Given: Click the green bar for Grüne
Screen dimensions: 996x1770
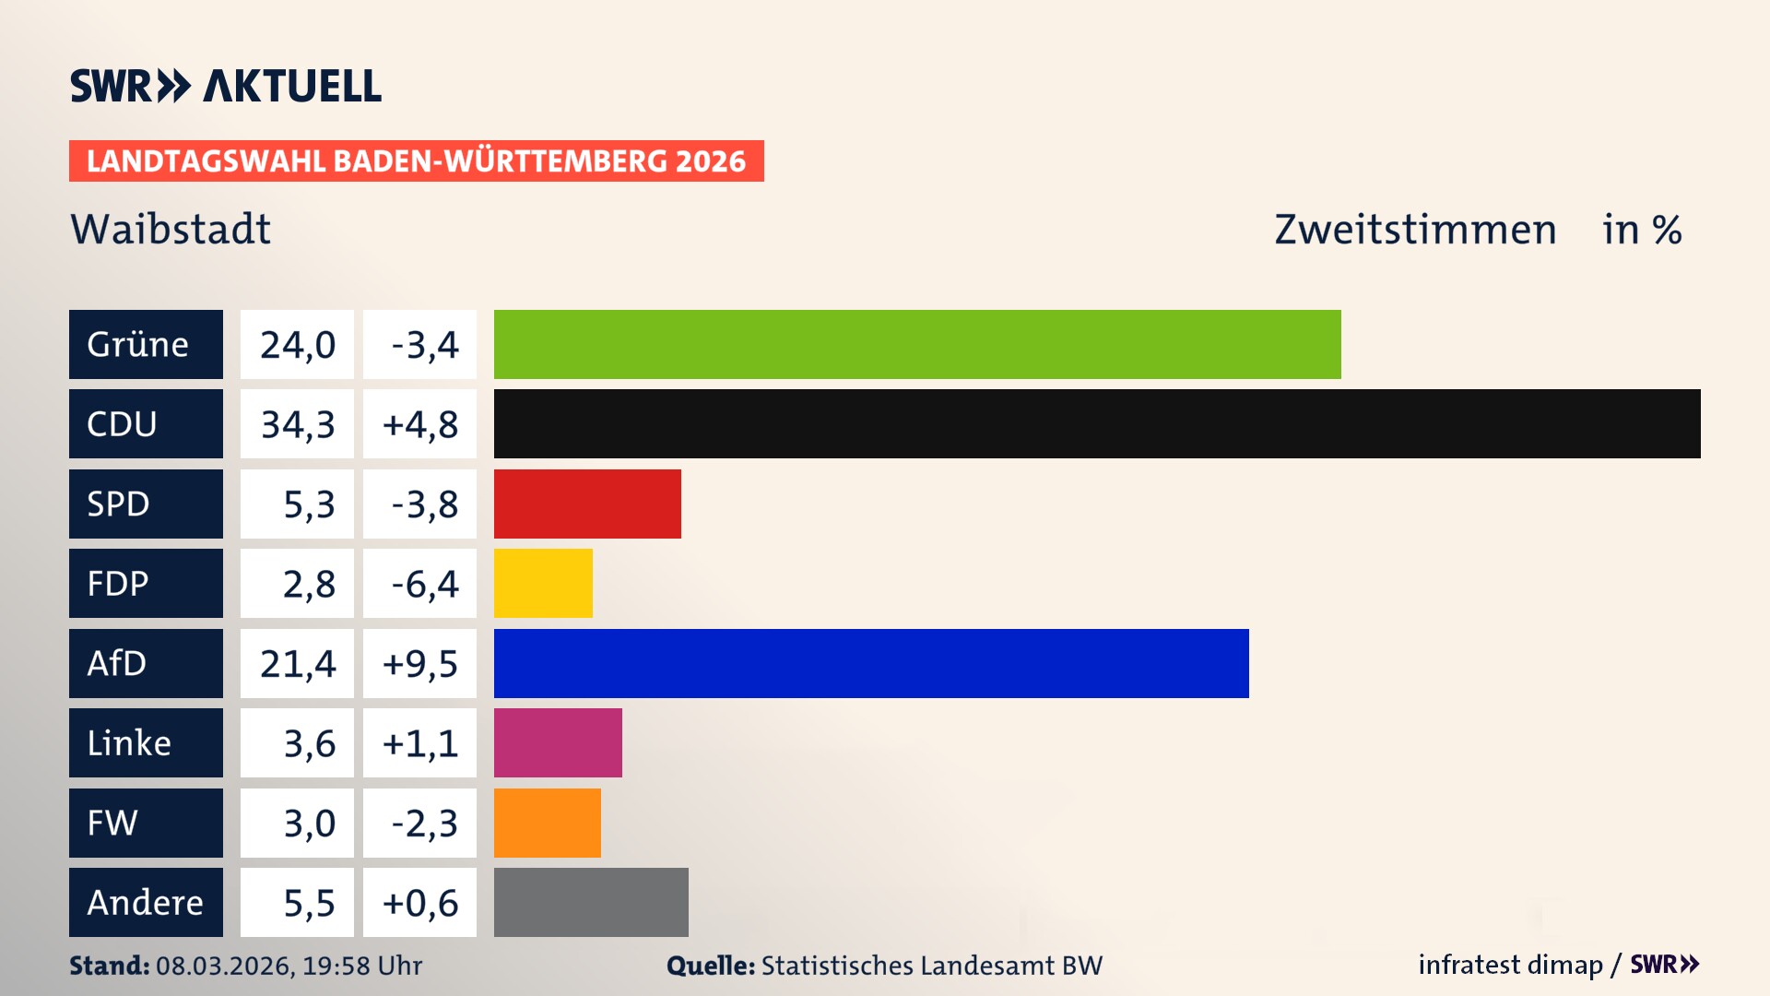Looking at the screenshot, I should [x=917, y=344].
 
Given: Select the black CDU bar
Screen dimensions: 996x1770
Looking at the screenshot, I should [x=1097, y=424].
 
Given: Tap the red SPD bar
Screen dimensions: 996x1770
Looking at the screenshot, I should [x=587, y=504].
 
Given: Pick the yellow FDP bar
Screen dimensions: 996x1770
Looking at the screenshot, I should [x=543, y=584].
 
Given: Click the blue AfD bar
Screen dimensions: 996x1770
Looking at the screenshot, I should [x=871, y=663].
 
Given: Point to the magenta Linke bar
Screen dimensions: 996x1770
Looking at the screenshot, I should [x=558, y=743].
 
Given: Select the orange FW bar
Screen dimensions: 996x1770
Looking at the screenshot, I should [x=547, y=823].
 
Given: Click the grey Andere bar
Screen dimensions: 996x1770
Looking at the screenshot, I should [x=591, y=902].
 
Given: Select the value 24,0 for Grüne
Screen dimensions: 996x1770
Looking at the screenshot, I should [x=297, y=345].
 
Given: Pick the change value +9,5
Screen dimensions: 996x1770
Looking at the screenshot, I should [x=419, y=664].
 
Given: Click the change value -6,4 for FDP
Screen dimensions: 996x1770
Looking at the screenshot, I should [x=424, y=584].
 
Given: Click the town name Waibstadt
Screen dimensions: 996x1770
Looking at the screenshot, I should [x=171, y=229].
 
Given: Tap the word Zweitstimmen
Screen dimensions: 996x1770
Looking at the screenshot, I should [x=1415, y=230].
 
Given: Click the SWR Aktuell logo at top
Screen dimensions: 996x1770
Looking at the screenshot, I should [x=226, y=86].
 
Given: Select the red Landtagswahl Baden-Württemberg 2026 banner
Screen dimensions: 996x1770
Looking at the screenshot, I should [x=416, y=161].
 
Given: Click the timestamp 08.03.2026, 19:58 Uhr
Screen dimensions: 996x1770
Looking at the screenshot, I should [x=289, y=966].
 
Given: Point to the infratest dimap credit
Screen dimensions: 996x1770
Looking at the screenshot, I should [x=1510, y=965].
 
